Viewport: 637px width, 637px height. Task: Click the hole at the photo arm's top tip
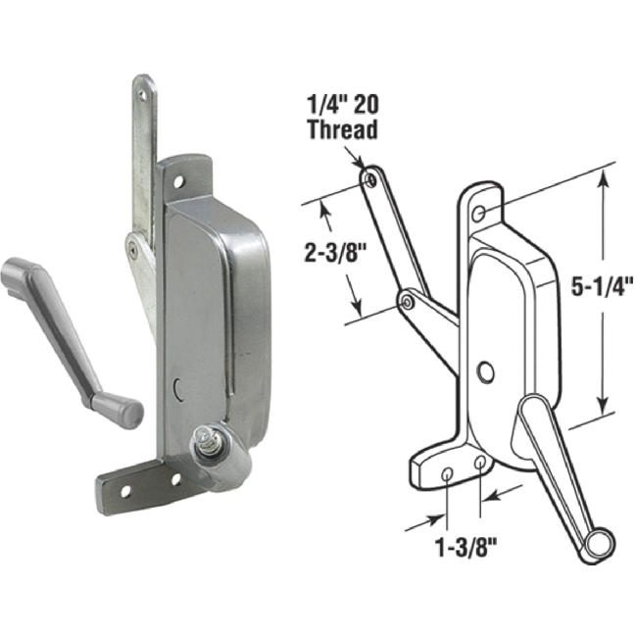click(x=143, y=94)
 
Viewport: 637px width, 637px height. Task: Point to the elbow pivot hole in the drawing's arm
click(x=405, y=304)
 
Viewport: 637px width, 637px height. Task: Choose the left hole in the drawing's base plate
click(x=448, y=475)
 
